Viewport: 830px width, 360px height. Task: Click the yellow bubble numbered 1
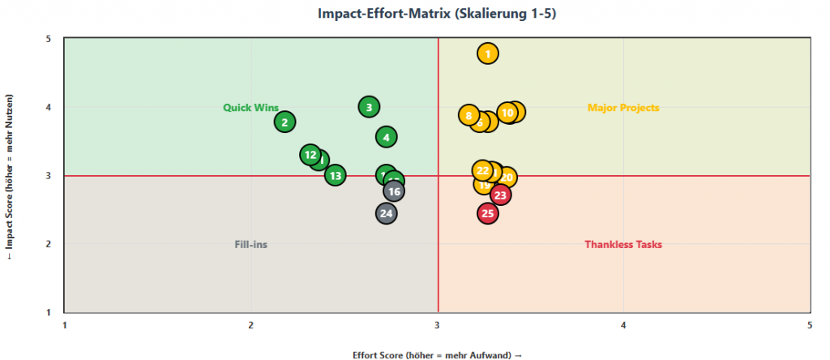[x=487, y=54]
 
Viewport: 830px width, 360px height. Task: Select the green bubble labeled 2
[x=285, y=122]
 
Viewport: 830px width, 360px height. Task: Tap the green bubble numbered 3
[x=369, y=107]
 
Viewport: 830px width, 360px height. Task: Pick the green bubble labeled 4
[x=387, y=137]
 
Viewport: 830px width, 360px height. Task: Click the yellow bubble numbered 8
[x=468, y=115]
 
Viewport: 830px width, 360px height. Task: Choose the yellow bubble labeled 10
[x=507, y=113]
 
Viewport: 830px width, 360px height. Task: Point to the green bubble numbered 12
[x=310, y=155]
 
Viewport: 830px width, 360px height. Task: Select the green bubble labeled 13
[x=336, y=174]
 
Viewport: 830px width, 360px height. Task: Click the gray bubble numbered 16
[x=394, y=191]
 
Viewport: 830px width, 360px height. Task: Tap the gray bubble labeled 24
[x=387, y=213]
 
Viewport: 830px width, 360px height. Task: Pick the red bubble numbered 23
[x=501, y=195]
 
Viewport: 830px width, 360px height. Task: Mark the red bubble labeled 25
[x=487, y=213]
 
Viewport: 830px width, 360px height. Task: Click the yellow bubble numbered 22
[x=483, y=170]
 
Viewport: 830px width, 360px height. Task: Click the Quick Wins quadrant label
[x=250, y=108]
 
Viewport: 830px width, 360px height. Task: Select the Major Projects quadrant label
[x=623, y=108]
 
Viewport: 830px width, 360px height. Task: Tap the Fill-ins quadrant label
[x=250, y=244]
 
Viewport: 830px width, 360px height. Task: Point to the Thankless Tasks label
[x=623, y=244]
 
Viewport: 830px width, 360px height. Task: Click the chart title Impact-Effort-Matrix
[x=414, y=13]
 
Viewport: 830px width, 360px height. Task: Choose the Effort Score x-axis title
[x=437, y=354]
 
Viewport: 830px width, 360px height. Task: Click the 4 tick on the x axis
[x=623, y=324]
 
